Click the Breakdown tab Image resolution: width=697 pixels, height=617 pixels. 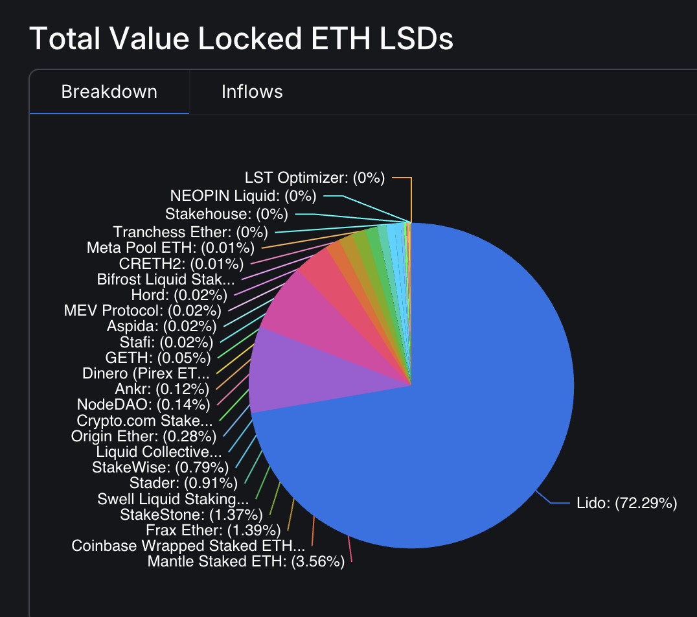[109, 91]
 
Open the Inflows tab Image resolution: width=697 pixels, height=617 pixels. [252, 91]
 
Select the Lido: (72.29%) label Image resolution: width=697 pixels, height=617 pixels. [626, 503]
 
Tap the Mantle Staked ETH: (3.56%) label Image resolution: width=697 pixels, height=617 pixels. [246, 561]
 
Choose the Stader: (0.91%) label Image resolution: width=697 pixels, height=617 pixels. [183, 482]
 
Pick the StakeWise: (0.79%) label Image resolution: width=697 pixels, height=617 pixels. [161, 467]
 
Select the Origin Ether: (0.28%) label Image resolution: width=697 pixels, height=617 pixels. [143, 436]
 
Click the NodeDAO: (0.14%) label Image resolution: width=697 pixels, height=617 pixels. [143, 404]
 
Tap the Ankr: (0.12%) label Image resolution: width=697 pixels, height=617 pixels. [161, 389]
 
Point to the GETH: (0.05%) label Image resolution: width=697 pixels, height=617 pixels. [158, 358]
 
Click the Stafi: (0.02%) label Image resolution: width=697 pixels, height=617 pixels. [166, 342]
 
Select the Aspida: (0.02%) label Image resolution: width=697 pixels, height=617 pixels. [161, 326]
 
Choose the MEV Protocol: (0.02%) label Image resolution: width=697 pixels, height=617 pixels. [143, 310]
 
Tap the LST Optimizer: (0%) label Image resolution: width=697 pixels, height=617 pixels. [315, 178]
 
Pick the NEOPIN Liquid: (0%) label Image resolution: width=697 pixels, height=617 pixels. [243, 195]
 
